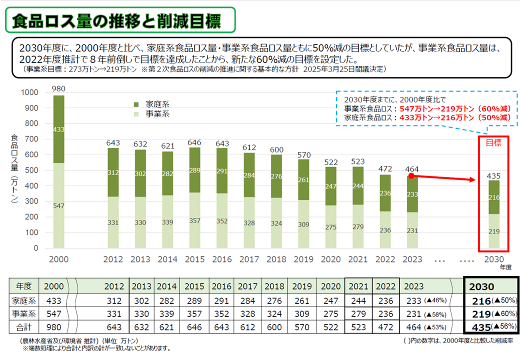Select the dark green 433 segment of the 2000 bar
(59, 129)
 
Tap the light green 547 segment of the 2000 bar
(59, 205)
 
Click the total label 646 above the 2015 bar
(194, 142)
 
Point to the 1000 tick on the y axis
(29, 92)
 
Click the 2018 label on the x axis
(276, 260)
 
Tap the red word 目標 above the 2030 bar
(493, 142)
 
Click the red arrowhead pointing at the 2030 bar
(470, 179)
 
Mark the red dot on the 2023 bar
(410, 176)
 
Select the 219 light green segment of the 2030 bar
(493, 231)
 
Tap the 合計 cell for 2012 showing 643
(114, 327)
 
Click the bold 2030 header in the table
(482, 287)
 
